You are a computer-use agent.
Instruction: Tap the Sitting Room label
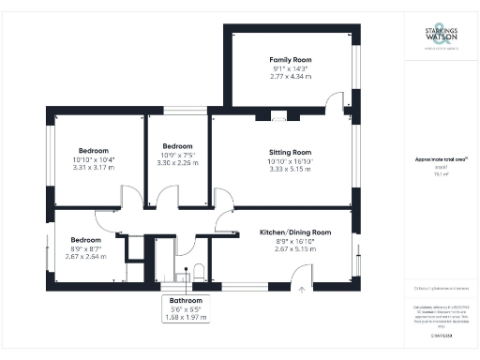[x=289, y=151]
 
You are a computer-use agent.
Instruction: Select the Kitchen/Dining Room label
[x=295, y=232]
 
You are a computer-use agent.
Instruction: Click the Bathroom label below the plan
[x=184, y=299]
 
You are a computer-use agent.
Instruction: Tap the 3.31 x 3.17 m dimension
[x=93, y=169]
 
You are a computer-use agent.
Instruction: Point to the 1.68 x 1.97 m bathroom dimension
[x=184, y=317]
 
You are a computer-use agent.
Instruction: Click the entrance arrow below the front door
[x=302, y=291]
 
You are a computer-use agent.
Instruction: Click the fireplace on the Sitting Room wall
[x=277, y=117]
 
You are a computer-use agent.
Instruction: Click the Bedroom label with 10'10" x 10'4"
[x=93, y=151]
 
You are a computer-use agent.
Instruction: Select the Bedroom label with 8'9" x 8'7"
[x=85, y=239]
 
